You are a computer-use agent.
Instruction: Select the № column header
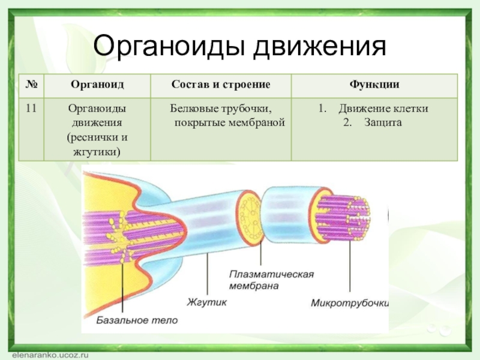(x=32, y=85)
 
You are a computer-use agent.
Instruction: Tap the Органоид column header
(x=97, y=85)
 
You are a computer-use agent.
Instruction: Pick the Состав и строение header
(x=221, y=85)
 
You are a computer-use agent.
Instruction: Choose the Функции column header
(x=374, y=85)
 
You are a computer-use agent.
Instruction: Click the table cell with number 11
(x=32, y=109)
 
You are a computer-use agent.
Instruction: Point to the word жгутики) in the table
(x=97, y=152)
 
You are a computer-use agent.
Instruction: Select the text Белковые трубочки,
(x=221, y=109)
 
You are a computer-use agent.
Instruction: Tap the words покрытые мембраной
(x=229, y=123)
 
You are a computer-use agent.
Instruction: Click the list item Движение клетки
(x=383, y=109)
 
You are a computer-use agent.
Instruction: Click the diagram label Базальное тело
(x=137, y=320)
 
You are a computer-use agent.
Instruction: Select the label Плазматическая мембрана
(x=271, y=280)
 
